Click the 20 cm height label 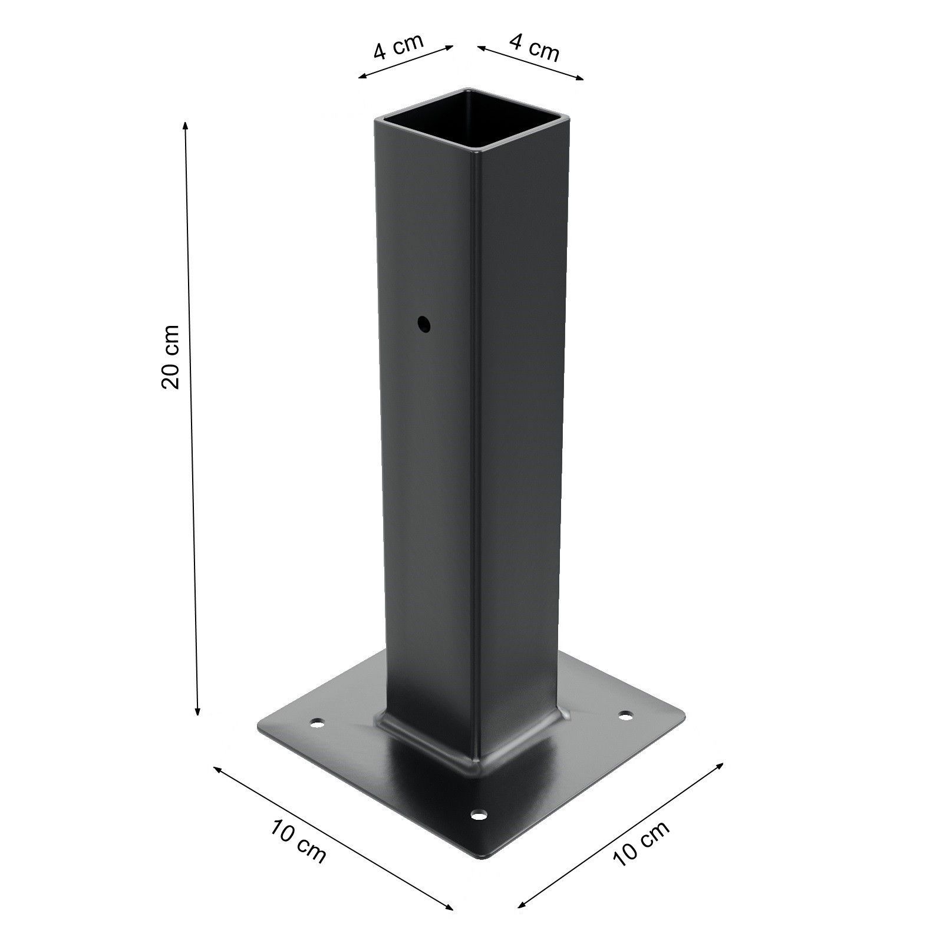171,356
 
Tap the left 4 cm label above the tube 398,47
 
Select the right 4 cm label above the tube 534,47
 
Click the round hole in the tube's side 423,324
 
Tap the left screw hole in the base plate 318,722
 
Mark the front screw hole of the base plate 480,816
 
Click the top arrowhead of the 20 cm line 186,124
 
